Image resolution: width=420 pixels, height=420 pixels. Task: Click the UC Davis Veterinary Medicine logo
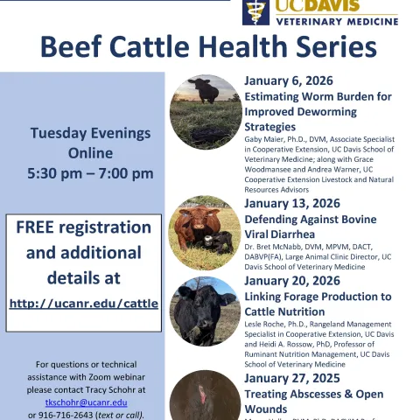coord(319,12)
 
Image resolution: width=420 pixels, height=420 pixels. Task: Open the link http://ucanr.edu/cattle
coord(84,304)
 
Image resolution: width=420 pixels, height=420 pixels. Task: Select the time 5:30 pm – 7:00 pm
coord(90,173)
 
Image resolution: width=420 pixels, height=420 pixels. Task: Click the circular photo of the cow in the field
coord(205,111)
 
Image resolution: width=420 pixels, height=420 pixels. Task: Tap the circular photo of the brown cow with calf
coord(205,231)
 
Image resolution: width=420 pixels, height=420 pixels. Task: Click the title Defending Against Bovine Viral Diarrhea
coord(310,227)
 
